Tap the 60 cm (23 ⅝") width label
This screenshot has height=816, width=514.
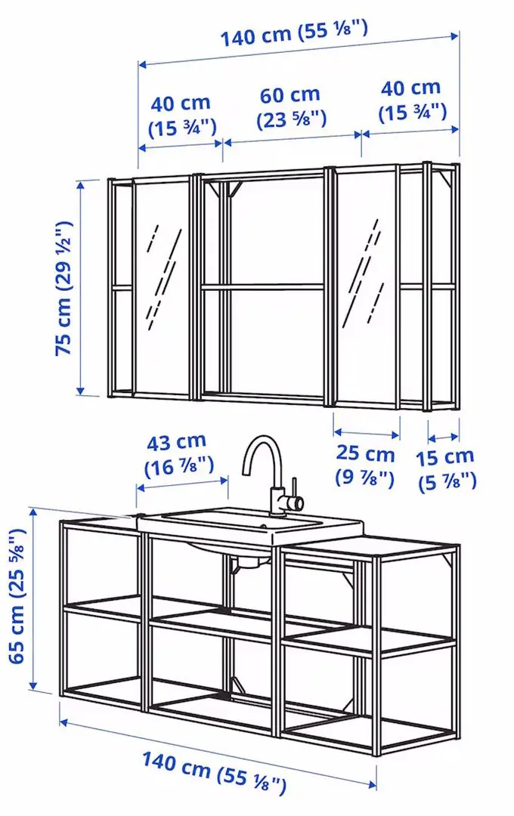point(291,107)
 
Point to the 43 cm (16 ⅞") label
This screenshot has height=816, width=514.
point(180,454)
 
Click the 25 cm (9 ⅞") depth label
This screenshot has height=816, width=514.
point(365,465)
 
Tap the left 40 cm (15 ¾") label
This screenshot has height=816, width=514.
point(180,114)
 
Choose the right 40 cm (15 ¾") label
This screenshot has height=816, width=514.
point(412,100)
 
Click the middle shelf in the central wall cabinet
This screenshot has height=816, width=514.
point(262,286)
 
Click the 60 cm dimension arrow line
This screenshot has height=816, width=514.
point(291,137)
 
